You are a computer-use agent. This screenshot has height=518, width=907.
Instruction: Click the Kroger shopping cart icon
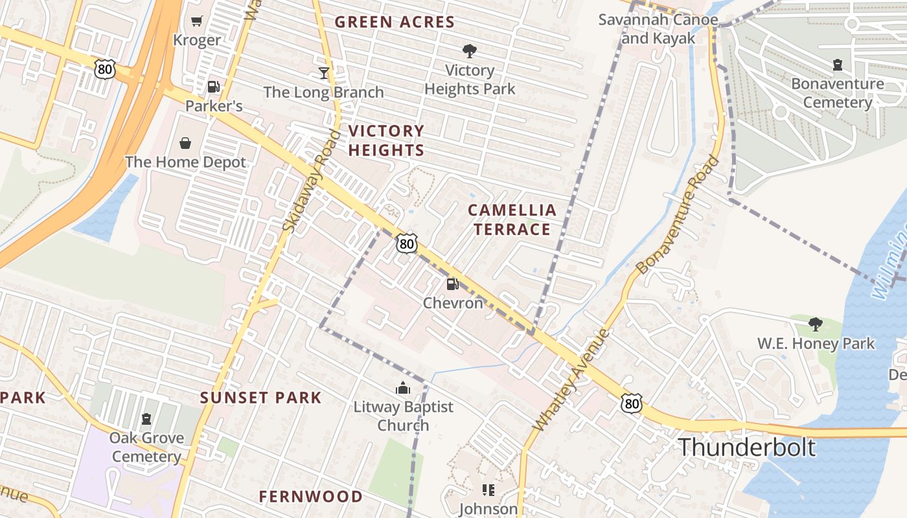(x=197, y=21)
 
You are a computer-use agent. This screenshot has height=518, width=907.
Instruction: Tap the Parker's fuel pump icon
(x=213, y=86)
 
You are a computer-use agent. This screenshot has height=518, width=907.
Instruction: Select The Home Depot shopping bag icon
(x=185, y=142)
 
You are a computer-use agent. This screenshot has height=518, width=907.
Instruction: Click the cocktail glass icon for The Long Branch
(x=323, y=73)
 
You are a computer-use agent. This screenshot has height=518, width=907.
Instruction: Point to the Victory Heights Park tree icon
(x=470, y=51)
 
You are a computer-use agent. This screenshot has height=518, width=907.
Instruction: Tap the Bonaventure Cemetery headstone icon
(x=837, y=65)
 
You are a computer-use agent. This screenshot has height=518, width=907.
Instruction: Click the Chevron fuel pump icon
(x=452, y=284)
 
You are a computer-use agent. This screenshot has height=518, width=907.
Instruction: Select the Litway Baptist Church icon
(x=403, y=388)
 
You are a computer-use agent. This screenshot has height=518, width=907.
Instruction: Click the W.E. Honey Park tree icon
(x=816, y=324)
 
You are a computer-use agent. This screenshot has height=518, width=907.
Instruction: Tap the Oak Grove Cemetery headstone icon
(x=146, y=419)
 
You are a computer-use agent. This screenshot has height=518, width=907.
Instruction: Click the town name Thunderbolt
(x=746, y=447)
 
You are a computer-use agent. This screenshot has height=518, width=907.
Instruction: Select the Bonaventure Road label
(x=678, y=215)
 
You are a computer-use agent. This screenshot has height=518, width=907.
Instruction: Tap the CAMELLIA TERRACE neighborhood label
(x=512, y=220)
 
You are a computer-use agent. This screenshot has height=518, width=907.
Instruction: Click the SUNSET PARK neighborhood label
(x=260, y=398)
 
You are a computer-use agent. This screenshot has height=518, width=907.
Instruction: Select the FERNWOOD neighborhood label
(x=311, y=497)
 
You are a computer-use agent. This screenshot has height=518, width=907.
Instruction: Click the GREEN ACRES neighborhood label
(x=394, y=22)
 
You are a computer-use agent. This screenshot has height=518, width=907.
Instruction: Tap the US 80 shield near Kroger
(x=104, y=69)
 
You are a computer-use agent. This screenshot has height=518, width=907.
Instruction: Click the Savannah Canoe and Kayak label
(x=658, y=28)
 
